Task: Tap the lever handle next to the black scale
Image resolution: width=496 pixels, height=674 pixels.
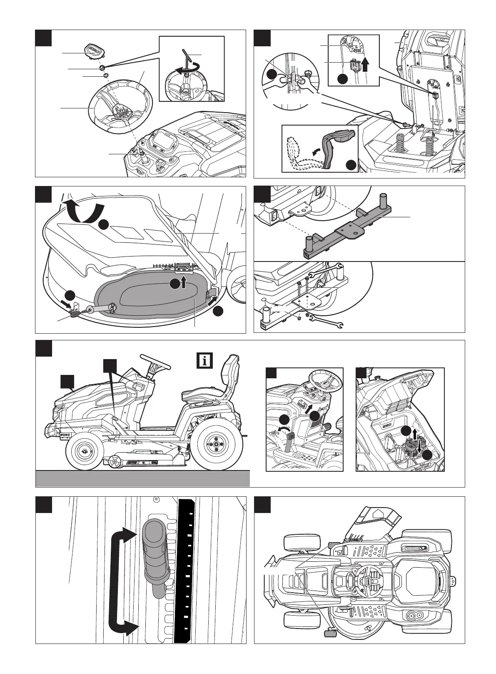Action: [x=155, y=548]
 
